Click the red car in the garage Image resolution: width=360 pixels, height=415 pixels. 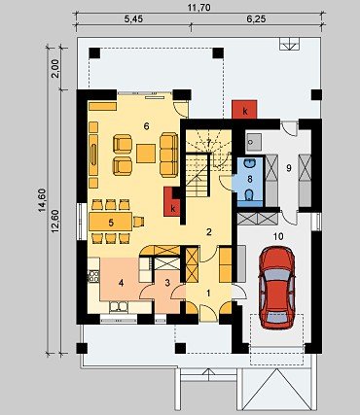tap(276, 288)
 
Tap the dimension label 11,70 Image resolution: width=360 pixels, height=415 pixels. tap(198, 8)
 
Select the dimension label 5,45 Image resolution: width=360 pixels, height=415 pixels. tap(133, 19)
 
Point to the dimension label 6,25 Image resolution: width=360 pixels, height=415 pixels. tap(256, 19)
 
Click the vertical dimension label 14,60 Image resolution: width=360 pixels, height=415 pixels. tap(42, 200)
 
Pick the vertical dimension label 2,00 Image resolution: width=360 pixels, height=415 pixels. tap(55, 68)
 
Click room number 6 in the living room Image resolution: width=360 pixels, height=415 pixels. tap(146, 126)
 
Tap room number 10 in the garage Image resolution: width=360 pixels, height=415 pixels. tap(278, 237)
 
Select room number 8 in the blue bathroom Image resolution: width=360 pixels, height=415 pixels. tap(250, 179)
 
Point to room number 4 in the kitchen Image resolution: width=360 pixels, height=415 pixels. tap(121, 283)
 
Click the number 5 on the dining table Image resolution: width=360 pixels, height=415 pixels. tap(111, 223)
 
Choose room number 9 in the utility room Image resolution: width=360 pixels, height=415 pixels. tap(289, 167)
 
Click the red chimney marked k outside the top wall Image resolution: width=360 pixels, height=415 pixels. tap(244, 109)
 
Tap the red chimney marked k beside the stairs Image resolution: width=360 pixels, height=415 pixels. tap(169, 202)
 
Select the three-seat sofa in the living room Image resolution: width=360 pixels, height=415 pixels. tap(169, 155)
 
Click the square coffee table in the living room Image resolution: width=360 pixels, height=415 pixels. tap(146, 154)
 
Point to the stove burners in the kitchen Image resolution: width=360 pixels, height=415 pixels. tap(93, 276)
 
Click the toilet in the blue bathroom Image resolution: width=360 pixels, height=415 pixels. tap(249, 195)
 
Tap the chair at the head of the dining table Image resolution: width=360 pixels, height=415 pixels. tap(138, 222)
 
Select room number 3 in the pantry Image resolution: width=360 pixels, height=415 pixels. tap(167, 283)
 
